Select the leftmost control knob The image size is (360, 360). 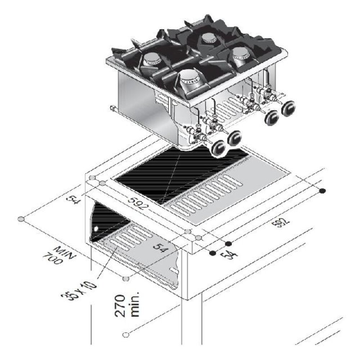(x=219, y=148)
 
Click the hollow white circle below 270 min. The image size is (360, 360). (x=125, y=335)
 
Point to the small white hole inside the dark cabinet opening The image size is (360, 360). (x=96, y=229)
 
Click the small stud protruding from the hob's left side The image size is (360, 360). (x=112, y=107)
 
